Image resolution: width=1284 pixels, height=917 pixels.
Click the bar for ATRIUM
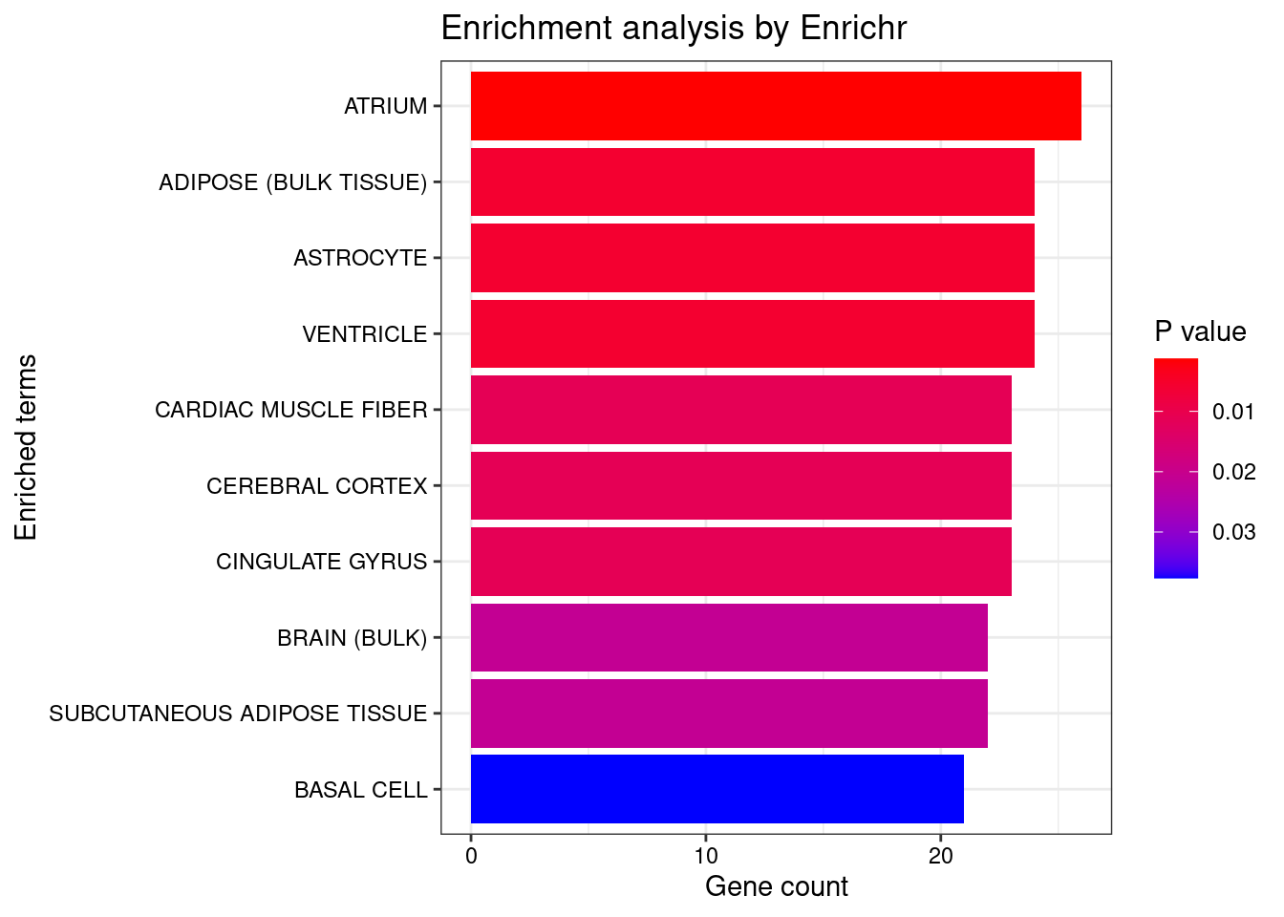coord(776,106)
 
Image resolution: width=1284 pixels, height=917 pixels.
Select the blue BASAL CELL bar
coord(717,789)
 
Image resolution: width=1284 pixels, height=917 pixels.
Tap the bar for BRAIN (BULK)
coord(729,637)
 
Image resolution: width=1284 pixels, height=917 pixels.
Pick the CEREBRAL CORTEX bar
coord(740,485)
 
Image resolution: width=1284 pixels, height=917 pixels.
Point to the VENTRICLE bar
coord(752,333)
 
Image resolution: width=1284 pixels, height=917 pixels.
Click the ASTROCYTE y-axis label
coord(360,258)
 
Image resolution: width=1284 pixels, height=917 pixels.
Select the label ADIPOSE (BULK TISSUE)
coord(292,182)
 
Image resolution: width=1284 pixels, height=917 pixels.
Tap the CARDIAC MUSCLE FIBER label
coord(290,410)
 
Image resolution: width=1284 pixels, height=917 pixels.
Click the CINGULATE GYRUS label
coord(321,562)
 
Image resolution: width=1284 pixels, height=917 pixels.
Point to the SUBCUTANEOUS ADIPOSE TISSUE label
coord(238,714)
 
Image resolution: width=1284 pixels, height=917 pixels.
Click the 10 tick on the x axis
coord(705,856)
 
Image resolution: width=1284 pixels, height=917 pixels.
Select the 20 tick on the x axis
coord(940,856)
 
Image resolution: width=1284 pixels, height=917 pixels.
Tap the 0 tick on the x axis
coord(471,856)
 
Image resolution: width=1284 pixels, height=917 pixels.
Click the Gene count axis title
coord(776,886)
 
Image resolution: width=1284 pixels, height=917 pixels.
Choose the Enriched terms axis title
coord(26,447)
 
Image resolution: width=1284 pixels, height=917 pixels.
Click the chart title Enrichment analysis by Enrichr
coord(674,29)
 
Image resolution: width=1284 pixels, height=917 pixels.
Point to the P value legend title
coord(1200,331)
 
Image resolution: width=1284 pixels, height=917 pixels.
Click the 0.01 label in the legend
coord(1233,412)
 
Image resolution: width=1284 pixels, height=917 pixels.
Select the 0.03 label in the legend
coord(1233,532)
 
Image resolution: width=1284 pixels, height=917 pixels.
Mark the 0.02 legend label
coord(1233,472)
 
